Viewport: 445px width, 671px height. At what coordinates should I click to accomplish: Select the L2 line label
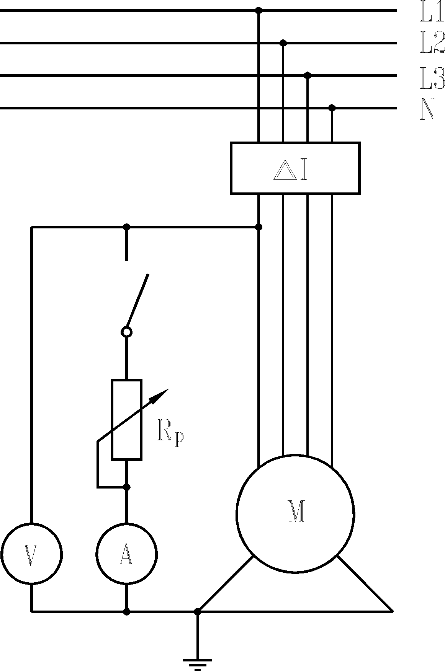432,43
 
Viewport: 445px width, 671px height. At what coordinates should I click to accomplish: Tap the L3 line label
432,78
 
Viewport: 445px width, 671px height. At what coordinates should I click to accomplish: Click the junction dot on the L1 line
259,10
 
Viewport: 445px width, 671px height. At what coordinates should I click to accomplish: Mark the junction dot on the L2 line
283,42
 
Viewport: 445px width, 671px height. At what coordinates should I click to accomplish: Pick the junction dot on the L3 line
308,75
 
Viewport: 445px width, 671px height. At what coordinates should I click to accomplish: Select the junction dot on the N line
332,108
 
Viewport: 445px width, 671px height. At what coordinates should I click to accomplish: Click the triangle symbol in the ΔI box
285,171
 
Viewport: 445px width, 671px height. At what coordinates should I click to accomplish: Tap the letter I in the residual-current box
304,171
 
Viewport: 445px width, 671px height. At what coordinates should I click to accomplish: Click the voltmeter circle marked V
31,553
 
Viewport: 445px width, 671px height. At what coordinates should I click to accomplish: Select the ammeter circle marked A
126,553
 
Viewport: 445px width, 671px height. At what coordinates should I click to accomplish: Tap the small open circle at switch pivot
127,332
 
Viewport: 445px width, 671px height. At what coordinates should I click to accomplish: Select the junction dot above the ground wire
197,612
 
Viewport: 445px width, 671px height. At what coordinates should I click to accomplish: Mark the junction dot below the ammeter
127,612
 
